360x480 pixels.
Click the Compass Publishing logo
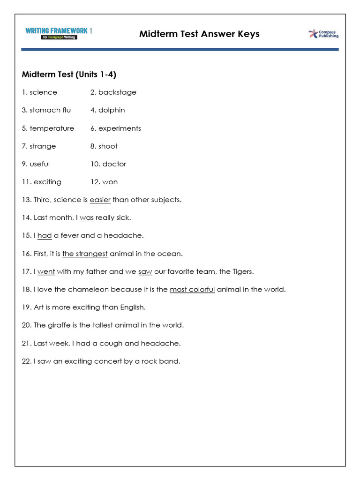(x=323, y=34)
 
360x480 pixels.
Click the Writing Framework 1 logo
(x=59, y=33)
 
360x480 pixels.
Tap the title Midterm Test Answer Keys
(x=199, y=34)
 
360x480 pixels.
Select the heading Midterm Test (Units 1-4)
(x=69, y=75)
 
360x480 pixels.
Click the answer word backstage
(x=117, y=92)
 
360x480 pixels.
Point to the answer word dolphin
(x=112, y=110)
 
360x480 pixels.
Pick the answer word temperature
(x=52, y=128)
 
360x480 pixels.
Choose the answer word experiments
(x=120, y=128)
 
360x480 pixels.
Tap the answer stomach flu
(x=50, y=110)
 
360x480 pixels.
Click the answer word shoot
(x=108, y=146)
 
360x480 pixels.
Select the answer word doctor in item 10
(x=114, y=164)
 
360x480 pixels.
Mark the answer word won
(x=110, y=182)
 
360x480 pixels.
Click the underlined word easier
(x=100, y=200)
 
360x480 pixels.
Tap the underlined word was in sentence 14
(x=87, y=218)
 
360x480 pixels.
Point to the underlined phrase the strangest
(x=85, y=254)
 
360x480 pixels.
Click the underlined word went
(x=46, y=271)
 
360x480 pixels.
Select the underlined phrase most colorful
(x=192, y=289)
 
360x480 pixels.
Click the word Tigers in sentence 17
(x=242, y=271)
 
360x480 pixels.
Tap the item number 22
(x=26, y=361)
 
